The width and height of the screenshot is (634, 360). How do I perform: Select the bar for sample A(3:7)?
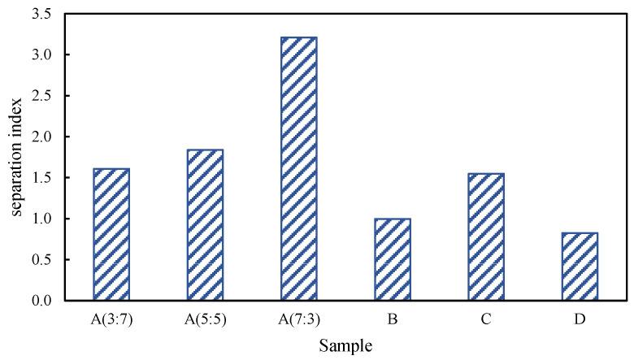111,235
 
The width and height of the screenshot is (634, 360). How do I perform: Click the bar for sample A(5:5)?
205,225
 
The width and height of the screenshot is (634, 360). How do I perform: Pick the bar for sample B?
392,260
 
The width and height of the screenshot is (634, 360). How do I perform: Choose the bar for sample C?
485,237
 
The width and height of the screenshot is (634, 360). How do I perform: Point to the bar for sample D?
579,267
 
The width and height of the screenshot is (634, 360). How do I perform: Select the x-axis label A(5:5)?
205,319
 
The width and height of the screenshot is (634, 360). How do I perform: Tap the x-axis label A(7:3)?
298,319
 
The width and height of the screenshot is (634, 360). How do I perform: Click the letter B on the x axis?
392,319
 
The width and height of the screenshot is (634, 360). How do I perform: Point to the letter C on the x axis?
485,319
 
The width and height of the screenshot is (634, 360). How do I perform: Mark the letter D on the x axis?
579,319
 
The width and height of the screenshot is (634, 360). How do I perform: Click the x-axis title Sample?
345,345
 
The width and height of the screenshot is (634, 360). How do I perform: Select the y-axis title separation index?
15,158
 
